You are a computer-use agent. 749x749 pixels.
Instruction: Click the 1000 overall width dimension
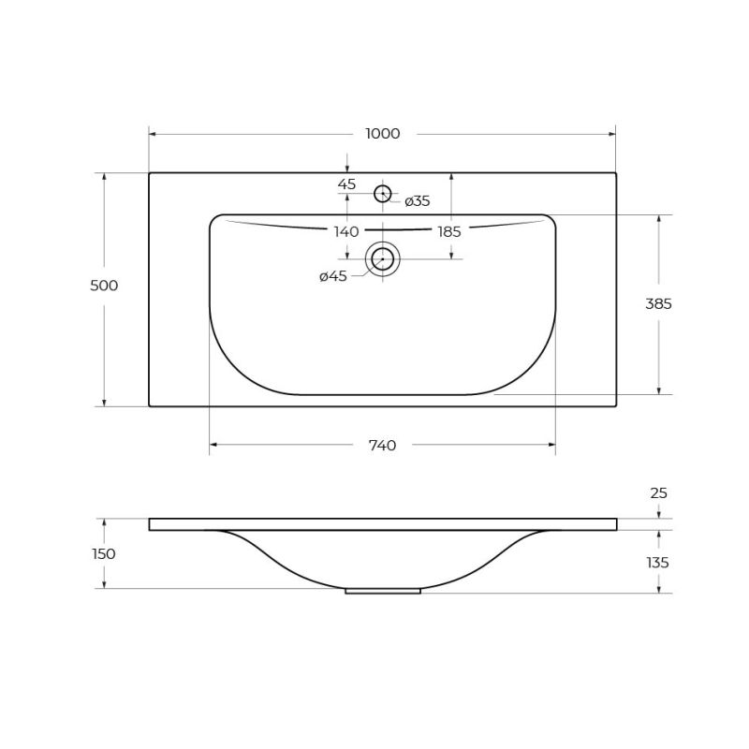383,134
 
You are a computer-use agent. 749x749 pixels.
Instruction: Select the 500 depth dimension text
104,286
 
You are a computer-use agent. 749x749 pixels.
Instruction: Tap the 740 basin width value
383,446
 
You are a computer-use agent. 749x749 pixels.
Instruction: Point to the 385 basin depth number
658,303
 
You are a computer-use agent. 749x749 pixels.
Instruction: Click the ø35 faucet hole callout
417,201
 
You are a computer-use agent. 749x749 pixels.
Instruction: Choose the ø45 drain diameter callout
333,276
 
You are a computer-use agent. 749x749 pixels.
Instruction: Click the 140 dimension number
346,231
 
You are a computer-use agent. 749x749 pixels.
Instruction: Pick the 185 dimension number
449,231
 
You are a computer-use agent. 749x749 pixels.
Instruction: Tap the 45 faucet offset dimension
346,184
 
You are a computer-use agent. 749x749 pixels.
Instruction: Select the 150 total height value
104,554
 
